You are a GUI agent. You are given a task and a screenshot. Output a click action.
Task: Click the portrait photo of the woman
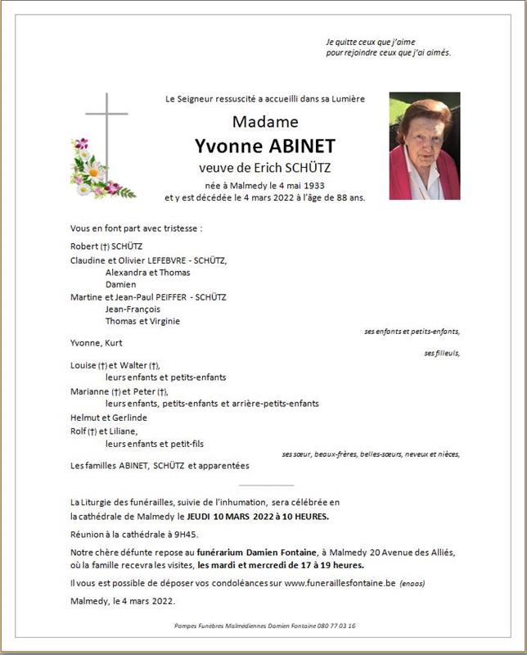point(424,146)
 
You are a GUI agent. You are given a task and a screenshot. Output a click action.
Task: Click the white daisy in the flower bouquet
point(93,171)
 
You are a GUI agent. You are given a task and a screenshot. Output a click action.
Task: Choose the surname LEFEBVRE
point(169,260)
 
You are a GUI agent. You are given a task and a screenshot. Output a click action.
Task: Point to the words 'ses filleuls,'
point(442,353)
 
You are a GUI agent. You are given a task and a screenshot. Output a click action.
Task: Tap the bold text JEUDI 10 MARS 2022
point(229,517)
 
